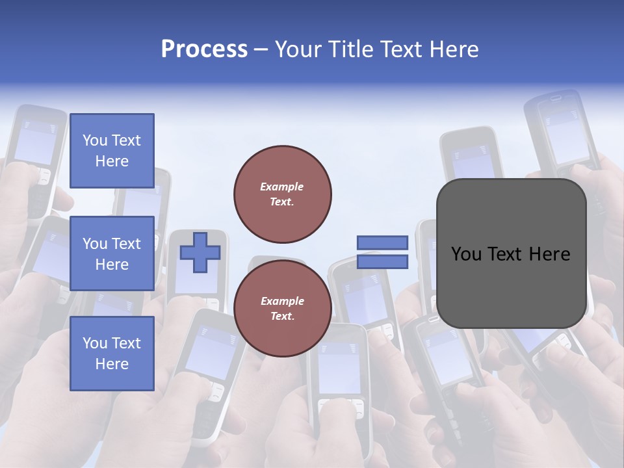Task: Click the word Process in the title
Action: (x=204, y=49)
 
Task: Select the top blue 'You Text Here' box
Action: (x=112, y=151)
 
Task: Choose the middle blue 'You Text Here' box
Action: (x=112, y=253)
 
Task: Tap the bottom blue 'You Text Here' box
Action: (x=112, y=354)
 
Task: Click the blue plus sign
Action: (x=200, y=253)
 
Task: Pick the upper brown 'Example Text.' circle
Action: (x=282, y=194)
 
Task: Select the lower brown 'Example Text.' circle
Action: (x=282, y=308)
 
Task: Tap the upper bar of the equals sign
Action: (x=382, y=243)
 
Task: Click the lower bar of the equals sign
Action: (x=382, y=261)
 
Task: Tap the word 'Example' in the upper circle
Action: (x=281, y=187)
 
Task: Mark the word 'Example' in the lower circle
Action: (x=282, y=301)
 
